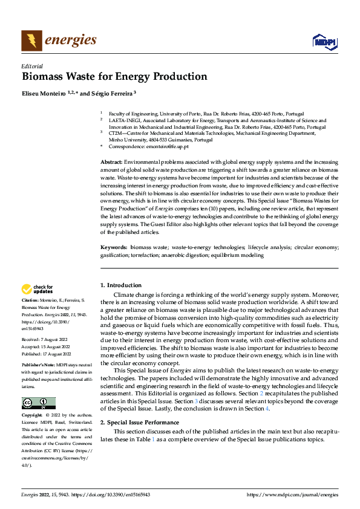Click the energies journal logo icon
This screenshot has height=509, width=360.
(31, 41)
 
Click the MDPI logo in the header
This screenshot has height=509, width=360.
(324, 41)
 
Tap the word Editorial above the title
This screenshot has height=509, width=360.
(32, 66)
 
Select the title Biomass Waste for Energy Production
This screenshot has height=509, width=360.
(114, 77)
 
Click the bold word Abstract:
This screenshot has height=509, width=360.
(111, 163)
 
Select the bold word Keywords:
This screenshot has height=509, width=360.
(113, 248)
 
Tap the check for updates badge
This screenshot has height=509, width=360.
(38, 289)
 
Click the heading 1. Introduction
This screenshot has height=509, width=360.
(121, 285)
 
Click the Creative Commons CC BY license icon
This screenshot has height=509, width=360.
(38, 386)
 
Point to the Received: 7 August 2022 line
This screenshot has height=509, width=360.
(45, 340)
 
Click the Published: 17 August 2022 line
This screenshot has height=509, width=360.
(46, 354)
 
